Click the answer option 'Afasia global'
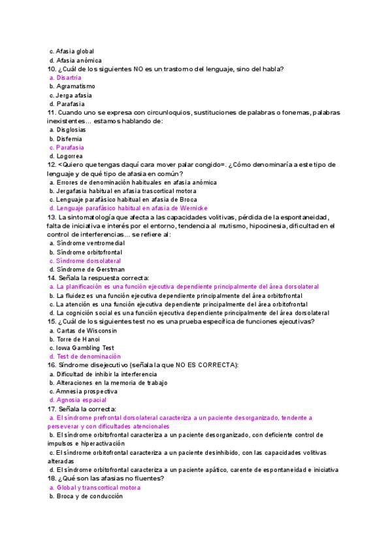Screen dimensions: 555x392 pos(75,51)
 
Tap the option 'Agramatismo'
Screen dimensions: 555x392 pos(76,86)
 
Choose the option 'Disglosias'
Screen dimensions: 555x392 pos(71,130)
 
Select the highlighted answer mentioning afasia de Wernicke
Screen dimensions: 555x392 pos(131,208)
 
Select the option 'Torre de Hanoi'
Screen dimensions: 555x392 pos(78,339)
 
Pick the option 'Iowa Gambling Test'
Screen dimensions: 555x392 pos(86,348)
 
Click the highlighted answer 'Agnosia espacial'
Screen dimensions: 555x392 pos(82,400)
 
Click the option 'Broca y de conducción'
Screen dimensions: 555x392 pos(90,496)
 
